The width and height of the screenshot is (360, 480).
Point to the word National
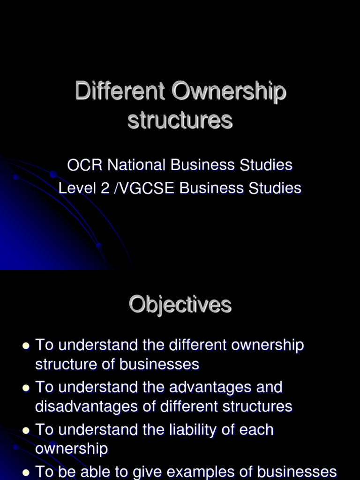[x=136, y=165]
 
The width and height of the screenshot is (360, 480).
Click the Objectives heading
[x=180, y=305]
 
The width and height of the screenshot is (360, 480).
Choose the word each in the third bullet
[x=257, y=430]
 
